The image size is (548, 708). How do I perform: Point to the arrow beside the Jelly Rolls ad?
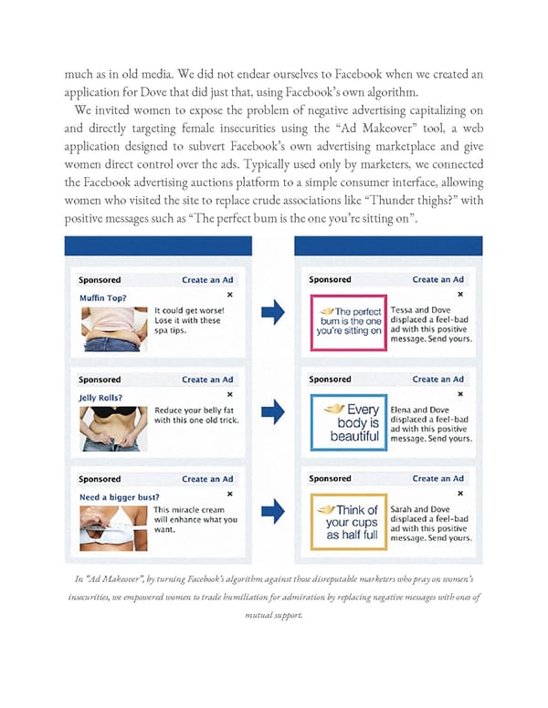pos(273,413)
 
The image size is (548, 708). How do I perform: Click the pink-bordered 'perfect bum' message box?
pos(348,318)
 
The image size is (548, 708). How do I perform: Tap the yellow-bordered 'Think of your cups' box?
pos(348,522)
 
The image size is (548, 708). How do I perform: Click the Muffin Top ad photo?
pos(112,327)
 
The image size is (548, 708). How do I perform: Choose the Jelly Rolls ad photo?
pos(112,426)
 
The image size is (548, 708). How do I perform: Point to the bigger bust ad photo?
pos(112,526)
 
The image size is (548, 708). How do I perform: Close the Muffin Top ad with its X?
pos(229,295)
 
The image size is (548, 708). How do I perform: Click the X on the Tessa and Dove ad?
pos(459,295)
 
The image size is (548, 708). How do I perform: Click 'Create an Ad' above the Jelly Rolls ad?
pos(207,380)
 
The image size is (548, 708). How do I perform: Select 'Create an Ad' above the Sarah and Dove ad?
pos(437,479)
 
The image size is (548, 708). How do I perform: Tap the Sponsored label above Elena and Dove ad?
pos(330,380)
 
